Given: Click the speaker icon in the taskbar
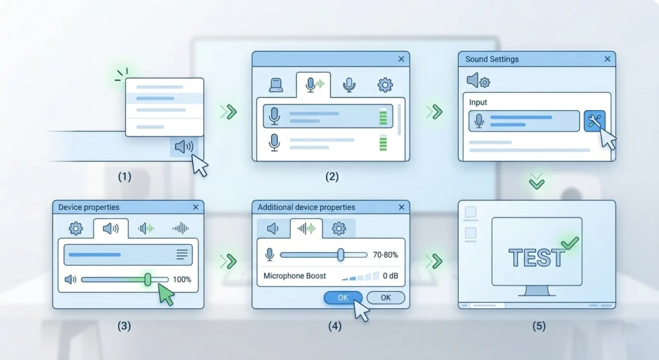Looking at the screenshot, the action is (x=184, y=146).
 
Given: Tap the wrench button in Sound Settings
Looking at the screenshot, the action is (x=594, y=121).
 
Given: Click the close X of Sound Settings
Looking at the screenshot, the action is (x=608, y=59).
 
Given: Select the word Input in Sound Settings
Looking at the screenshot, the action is (x=478, y=102).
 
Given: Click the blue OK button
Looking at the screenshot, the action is (x=343, y=298).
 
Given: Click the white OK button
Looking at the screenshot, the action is (x=386, y=298).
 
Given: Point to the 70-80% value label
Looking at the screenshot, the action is (x=385, y=255).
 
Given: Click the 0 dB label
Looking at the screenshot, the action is (x=391, y=276).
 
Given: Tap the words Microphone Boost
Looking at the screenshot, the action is (x=295, y=276).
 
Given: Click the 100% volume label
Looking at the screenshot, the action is (x=182, y=279).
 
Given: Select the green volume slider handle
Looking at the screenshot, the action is (x=148, y=279).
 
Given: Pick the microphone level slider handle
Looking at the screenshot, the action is (x=341, y=254).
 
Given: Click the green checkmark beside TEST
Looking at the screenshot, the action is (x=570, y=243).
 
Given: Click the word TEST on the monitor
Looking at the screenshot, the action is (x=537, y=258).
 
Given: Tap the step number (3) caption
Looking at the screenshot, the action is (x=124, y=326).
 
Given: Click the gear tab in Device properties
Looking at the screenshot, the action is (x=76, y=229).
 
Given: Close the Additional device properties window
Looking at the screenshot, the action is (x=402, y=207).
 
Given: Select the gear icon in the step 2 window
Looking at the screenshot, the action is (x=385, y=85).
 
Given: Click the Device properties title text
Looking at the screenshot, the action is (x=89, y=207).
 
